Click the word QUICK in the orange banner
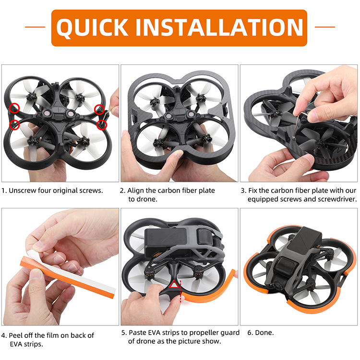coord(92,28)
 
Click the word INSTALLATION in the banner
coord(219,27)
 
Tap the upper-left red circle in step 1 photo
coord(14,108)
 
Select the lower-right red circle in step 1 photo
coord(102,124)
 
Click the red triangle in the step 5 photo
coord(174,284)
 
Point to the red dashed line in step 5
coord(180,291)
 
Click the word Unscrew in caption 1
coord(23,191)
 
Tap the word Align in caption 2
coord(135,191)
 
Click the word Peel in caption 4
coord(16,336)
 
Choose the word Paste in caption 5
coord(137,333)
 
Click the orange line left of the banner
coord(35,27)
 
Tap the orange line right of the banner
coord(324,27)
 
